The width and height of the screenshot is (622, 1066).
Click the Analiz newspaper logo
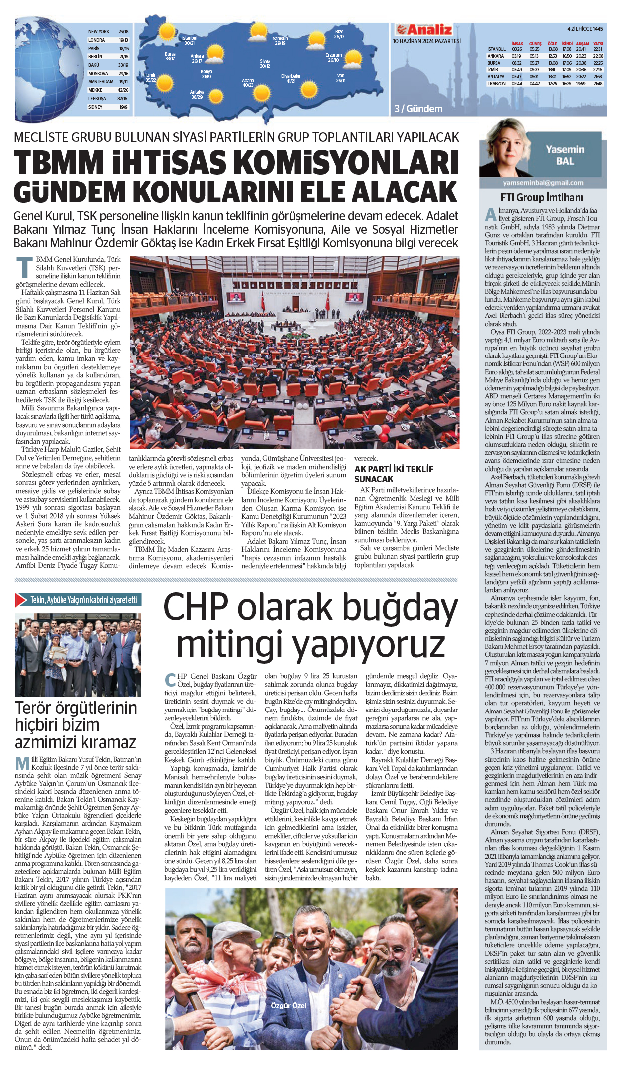tap(423, 29)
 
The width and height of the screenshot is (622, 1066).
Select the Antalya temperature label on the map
tap(197, 95)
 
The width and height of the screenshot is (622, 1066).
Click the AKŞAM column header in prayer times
tap(582, 44)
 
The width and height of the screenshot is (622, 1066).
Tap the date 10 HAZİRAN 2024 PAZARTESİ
tap(426, 41)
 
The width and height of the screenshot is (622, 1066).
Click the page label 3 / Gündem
tap(418, 109)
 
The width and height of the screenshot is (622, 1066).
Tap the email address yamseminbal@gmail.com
tap(543, 183)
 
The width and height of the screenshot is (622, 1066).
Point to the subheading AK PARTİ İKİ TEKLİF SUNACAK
tap(394, 474)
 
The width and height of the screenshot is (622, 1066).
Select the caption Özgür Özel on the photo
tap(289, 1005)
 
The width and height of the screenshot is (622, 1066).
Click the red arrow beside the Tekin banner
tap(21, 600)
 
